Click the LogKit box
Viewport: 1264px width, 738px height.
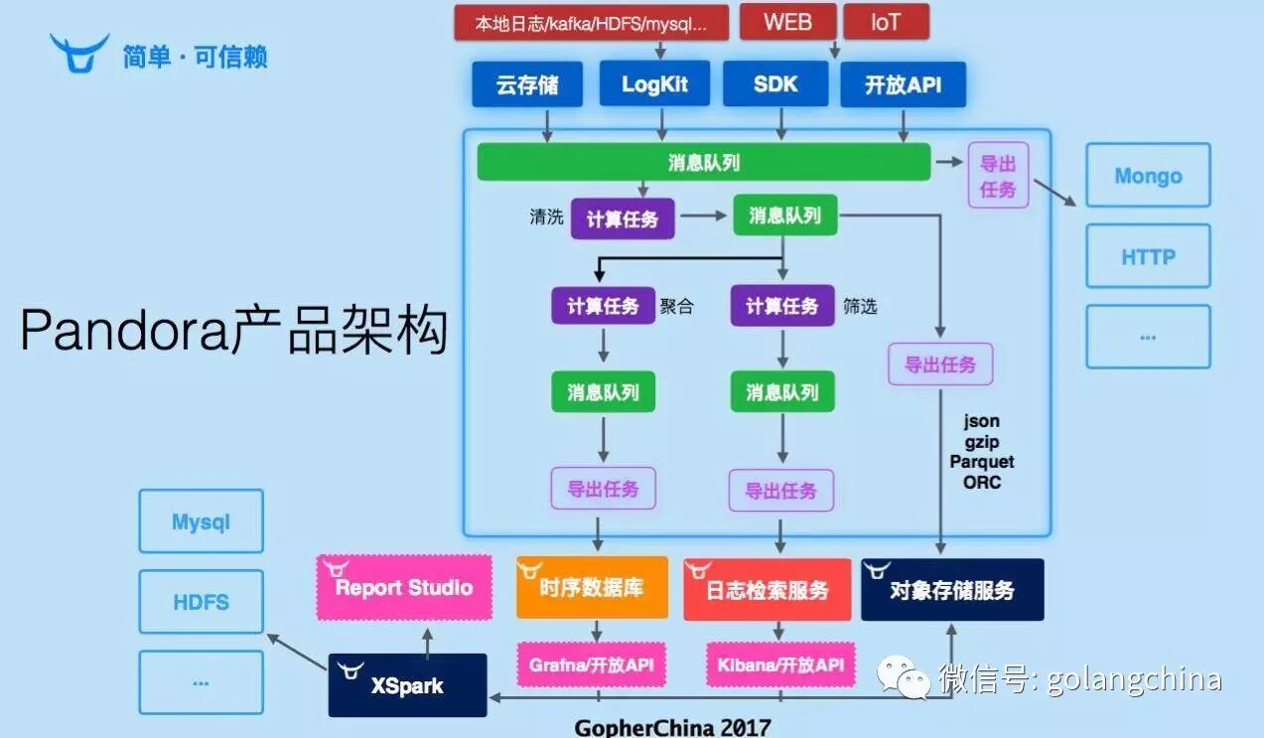pyautogui.click(x=654, y=83)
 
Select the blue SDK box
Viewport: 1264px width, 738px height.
pyautogui.click(x=775, y=83)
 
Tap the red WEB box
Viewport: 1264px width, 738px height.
pyautogui.click(x=787, y=22)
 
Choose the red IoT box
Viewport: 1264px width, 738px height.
pyautogui.click(x=886, y=22)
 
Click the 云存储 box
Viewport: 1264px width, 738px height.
pyautogui.click(x=527, y=84)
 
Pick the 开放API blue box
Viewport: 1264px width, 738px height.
pyautogui.click(x=903, y=84)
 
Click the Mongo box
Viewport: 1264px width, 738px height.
pyautogui.click(x=1148, y=176)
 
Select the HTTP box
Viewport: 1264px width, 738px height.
pyautogui.click(x=1148, y=256)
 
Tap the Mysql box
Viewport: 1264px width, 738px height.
pyautogui.click(x=201, y=521)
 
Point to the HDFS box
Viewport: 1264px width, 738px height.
pyautogui.click(x=201, y=602)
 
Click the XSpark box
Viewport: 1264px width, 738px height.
pyautogui.click(x=407, y=685)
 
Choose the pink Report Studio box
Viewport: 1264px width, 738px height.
pyautogui.click(x=404, y=587)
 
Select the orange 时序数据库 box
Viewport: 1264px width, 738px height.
pyautogui.click(x=592, y=587)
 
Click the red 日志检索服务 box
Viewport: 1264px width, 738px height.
pyautogui.click(x=767, y=590)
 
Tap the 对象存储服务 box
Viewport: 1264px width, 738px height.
pyautogui.click(x=951, y=590)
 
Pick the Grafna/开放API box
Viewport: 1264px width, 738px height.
pyautogui.click(x=591, y=664)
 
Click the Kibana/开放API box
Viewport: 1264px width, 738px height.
pyautogui.click(x=780, y=664)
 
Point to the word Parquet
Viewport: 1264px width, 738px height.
pyautogui.click(x=981, y=462)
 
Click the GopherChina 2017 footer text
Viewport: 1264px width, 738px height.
pyautogui.click(x=672, y=727)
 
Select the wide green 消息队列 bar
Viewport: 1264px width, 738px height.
pyautogui.click(x=703, y=162)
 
